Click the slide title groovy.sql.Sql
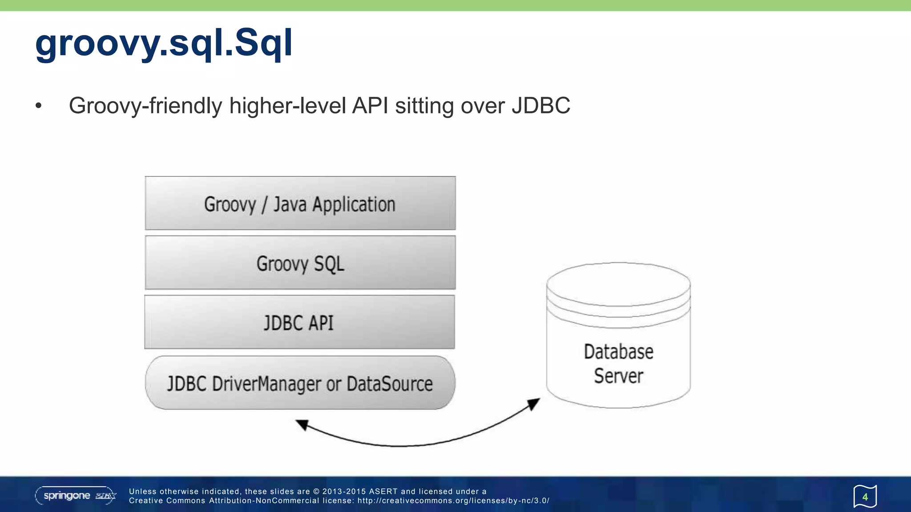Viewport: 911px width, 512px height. click(164, 43)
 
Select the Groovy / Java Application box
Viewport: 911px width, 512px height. click(300, 204)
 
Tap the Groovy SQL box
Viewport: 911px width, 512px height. click(300, 263)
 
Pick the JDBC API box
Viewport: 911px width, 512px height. click(299, 322)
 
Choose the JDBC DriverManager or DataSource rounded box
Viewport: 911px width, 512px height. click(300, 383)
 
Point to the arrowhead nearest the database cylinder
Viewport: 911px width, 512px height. click(534, 404)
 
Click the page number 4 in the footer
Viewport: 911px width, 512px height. click(865, 497)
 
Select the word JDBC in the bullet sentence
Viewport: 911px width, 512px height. click(540, 106)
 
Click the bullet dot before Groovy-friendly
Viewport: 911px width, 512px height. click(39, 106)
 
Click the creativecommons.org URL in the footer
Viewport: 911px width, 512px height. click(453, 501)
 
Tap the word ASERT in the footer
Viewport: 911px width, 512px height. click(383, 492)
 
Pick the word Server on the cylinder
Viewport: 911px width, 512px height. click(618, 376)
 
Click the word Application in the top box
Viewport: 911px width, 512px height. click(354, 204)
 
